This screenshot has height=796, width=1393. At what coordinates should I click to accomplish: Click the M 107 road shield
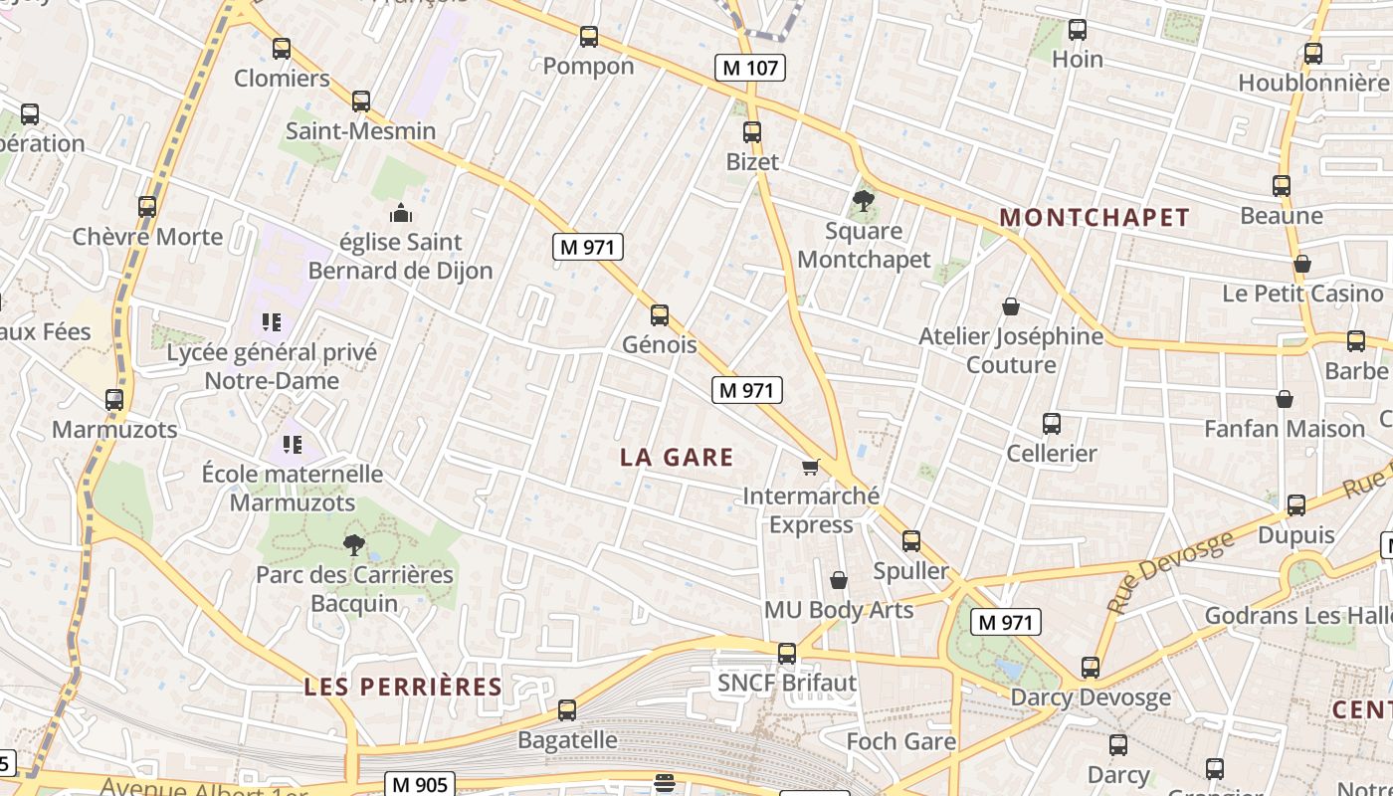coord(750,68)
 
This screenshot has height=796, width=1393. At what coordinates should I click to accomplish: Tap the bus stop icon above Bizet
coord(752,131)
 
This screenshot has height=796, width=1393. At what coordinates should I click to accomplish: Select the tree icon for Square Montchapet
coord(864,201)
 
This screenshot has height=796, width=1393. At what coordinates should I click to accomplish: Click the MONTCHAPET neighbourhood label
coord(1094,218)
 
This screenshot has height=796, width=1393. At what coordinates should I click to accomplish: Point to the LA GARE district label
coord(677,457)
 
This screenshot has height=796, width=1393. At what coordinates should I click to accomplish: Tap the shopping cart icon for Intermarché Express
coord(811,467)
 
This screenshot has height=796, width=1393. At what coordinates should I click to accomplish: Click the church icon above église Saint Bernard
coord(401,213)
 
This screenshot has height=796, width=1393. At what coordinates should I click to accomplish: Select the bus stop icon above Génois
coord(659,315)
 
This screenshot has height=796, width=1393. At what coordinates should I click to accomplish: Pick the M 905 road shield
coord(420,784)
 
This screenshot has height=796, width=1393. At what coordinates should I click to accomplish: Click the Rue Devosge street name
coord(1171,571)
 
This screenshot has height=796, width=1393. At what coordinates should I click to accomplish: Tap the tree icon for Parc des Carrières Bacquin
coord(353,545)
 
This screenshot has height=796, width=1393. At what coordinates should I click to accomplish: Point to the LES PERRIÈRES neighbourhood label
coord(403,687)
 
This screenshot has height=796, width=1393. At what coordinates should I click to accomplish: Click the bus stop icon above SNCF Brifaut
coord(787,654)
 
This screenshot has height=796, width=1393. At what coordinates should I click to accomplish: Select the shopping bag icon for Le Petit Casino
coord(1302,264)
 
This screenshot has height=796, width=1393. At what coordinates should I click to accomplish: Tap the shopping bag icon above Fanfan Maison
coord(1285,399)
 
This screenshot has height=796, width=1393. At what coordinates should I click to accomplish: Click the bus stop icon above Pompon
coord(589,37)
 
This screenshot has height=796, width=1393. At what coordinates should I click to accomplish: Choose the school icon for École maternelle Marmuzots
coord(293,444)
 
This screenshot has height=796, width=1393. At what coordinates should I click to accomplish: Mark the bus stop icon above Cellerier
coord(1052,424)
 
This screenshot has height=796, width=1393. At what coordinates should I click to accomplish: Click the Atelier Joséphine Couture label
coord(1011,350)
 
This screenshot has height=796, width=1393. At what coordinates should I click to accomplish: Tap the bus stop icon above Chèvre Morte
coord(147,207)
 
